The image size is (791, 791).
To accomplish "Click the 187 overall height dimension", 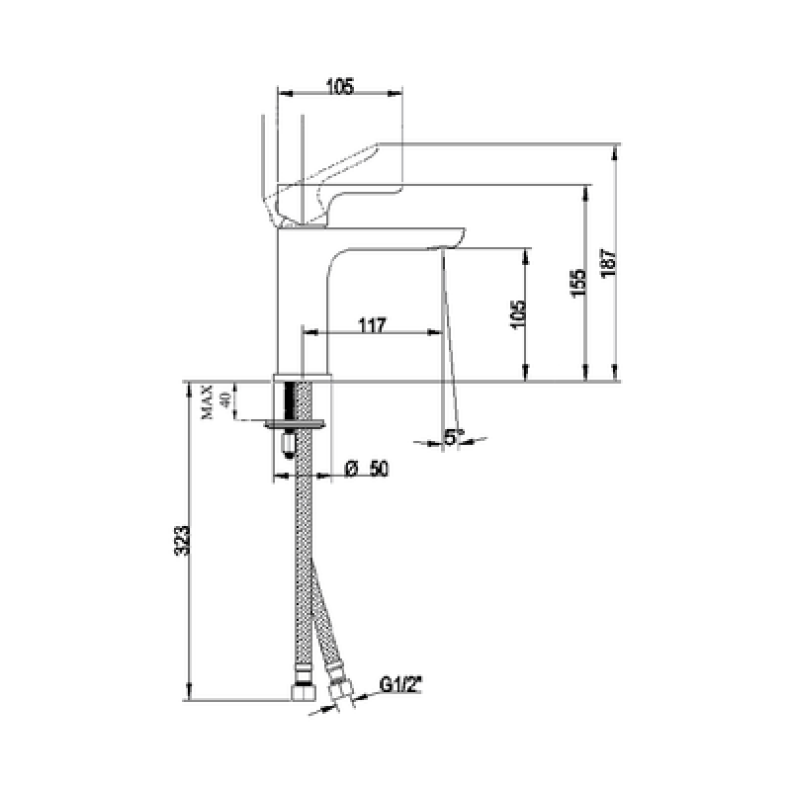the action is [x=609, y=262].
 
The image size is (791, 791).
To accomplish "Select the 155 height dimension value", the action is [x=579, y=283].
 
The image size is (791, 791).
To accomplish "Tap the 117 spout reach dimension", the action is [x=373, y=325].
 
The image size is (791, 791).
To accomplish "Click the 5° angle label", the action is [x=454, y=437].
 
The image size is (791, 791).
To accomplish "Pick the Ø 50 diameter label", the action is [x=367, y=469].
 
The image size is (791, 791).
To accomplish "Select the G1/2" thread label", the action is [x=400, y=685].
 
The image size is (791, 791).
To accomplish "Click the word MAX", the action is [x=208, y=401].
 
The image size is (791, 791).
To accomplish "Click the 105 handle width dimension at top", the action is [x=340, y=86].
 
